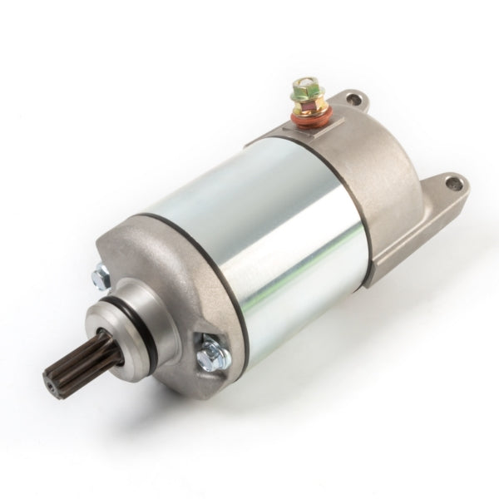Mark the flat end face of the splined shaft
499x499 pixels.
(52, 382)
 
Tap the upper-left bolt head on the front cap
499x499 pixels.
(102, 272)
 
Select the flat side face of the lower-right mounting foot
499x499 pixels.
(416, 241)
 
